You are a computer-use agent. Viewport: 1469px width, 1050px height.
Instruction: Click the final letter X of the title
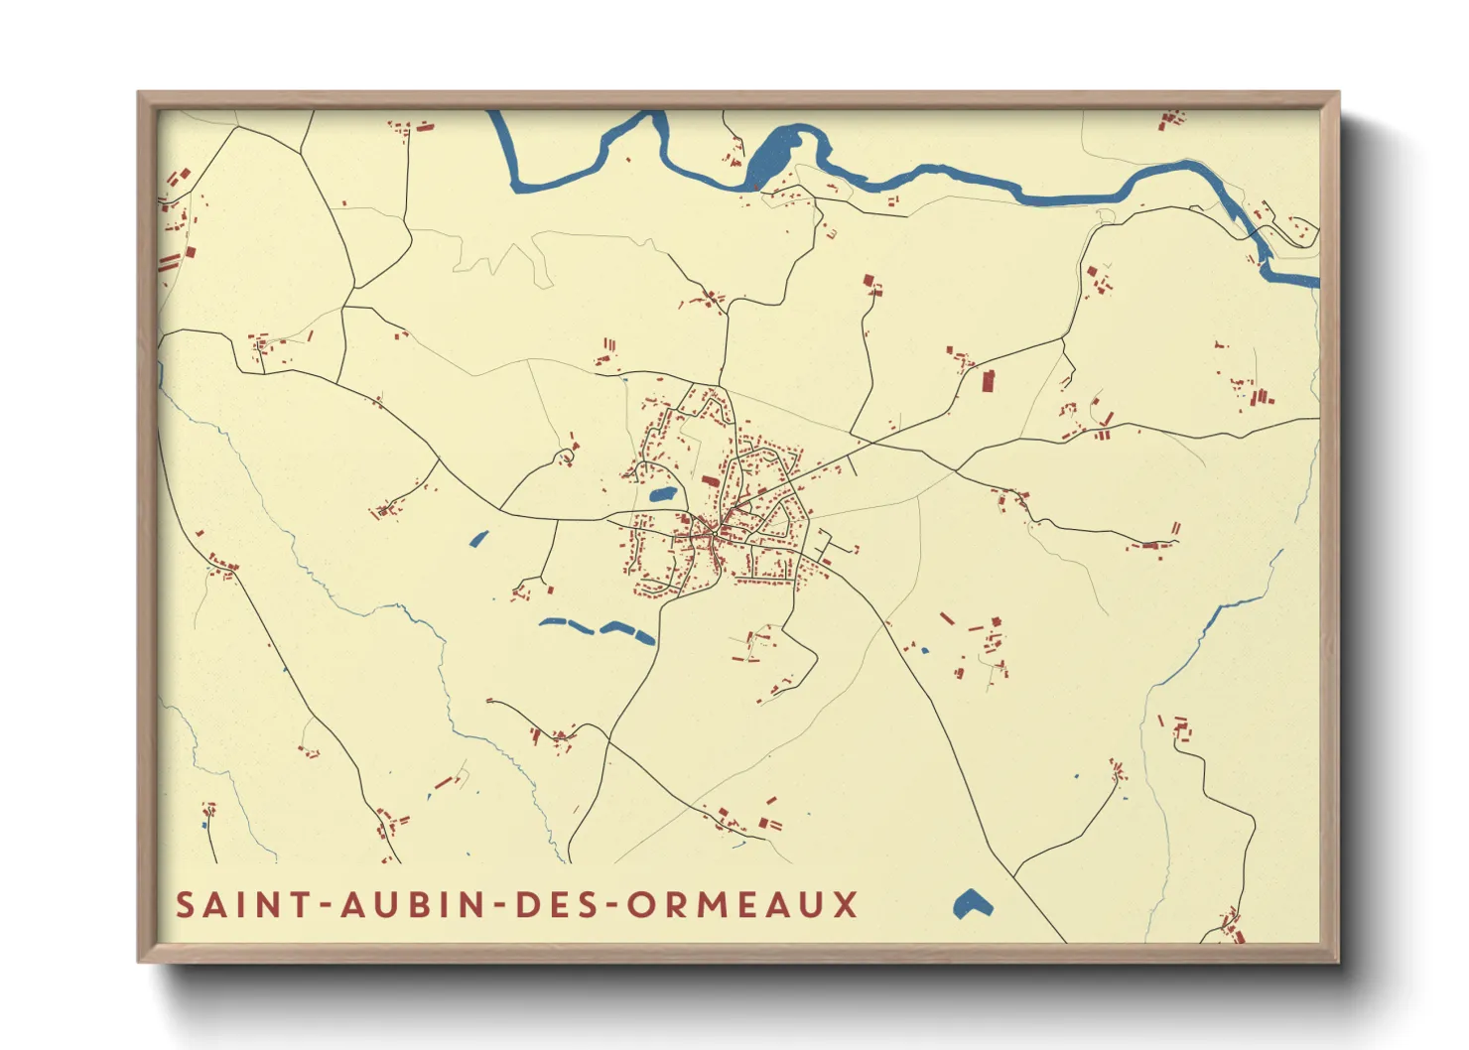click(846, 905)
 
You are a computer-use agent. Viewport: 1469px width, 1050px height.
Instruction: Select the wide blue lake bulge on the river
click(774, 155)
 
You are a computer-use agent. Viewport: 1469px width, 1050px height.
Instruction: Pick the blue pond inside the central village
click(661, 493)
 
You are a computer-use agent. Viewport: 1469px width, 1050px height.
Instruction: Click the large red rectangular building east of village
click(988, 380)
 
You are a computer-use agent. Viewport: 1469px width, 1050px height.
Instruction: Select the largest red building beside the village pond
click(711, 481)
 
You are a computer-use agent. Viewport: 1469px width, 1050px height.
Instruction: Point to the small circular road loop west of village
click(566, 456)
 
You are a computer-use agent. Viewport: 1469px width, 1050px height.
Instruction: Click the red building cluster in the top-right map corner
click(1171, 120)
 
